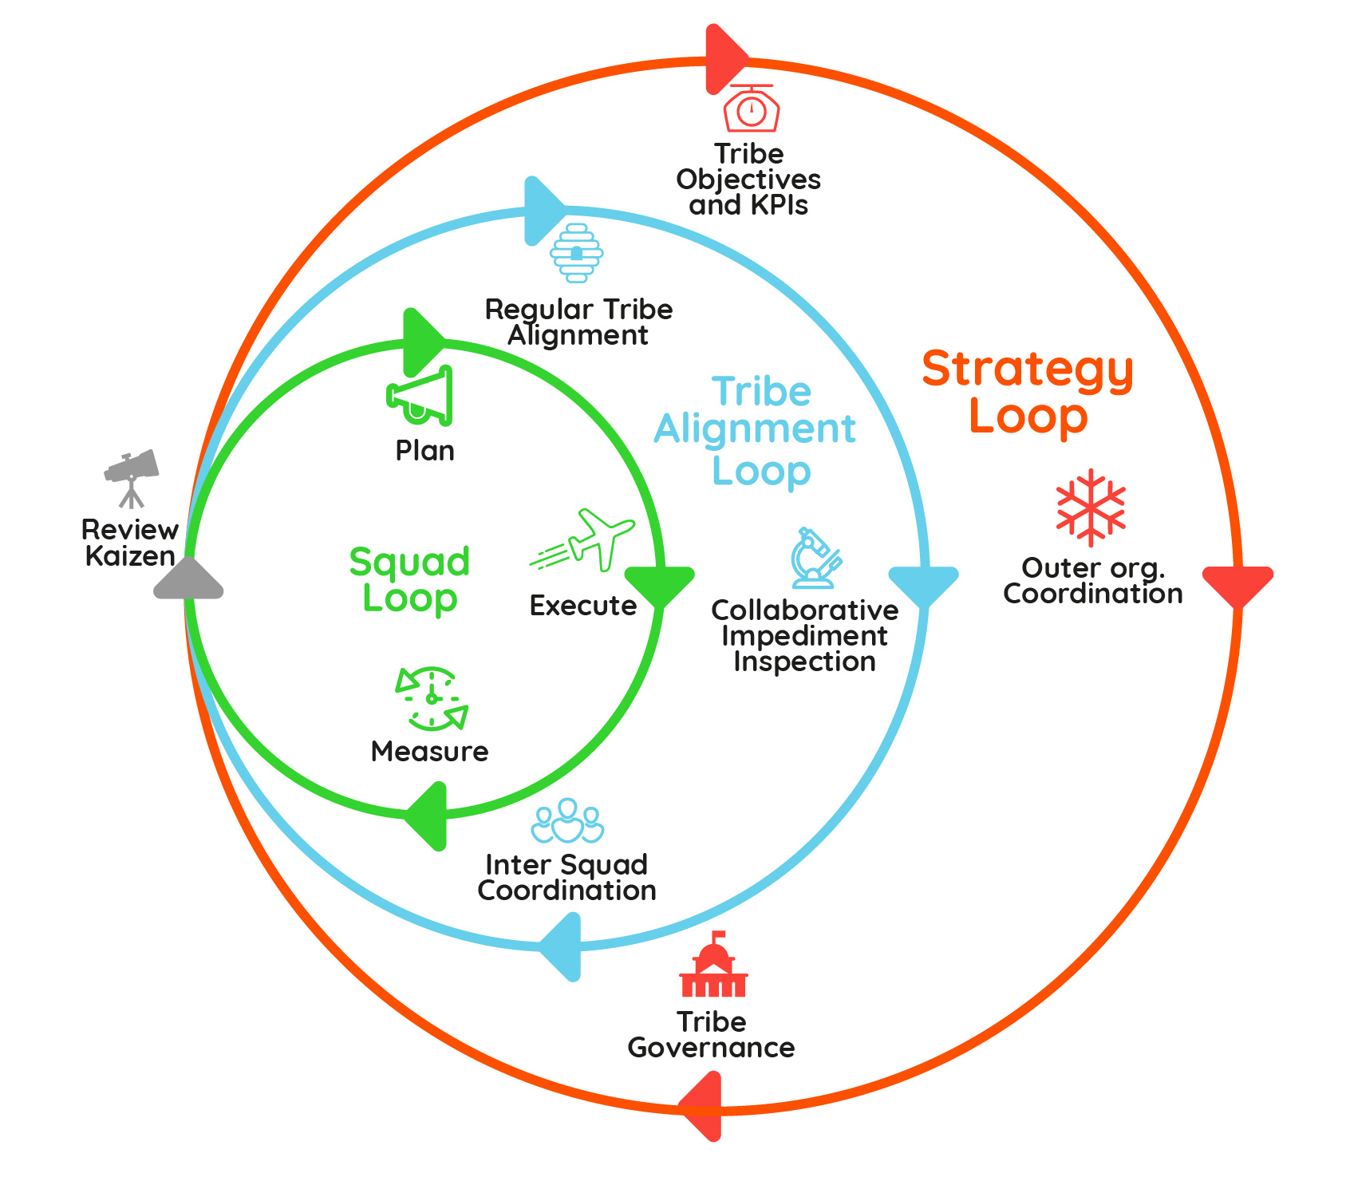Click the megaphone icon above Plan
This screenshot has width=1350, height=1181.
click(x=420, y=396)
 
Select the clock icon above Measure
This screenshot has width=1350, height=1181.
click(x=432, y=699)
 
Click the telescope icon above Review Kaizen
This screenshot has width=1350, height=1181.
click(x=132, y=476)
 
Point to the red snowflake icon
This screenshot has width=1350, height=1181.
click(x=1090, y=508)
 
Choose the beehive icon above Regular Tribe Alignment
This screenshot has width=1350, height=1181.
click(x=576, y=254)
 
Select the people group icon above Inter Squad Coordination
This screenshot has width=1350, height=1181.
click(x=567, y=821)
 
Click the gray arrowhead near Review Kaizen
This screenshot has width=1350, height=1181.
click(x=188, y=579)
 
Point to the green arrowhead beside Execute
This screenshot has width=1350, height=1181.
click(x=659, y=586)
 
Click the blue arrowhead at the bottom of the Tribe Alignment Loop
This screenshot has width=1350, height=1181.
click(x=562, y=947)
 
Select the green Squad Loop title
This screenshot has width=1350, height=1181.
click(x=409, y=580)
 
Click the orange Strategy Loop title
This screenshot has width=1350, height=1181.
click(x=1028, y=393)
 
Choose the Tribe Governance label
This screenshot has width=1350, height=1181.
click(x=711, y=1035)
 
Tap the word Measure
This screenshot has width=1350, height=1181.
click(x=429, y=752)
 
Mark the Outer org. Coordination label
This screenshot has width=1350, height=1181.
click(x=1092, y=581)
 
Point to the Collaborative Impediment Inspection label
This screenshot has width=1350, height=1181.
click(x=804, y=636)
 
